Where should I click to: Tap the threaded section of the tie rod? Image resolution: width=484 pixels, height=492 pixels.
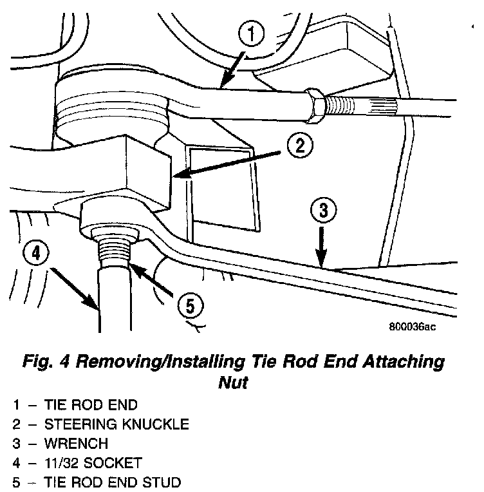(x=351, y=104)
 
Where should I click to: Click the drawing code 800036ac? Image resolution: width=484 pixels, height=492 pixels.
(x=413, y=326)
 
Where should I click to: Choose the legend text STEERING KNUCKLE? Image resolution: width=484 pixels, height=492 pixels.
(x=116, y=424)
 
